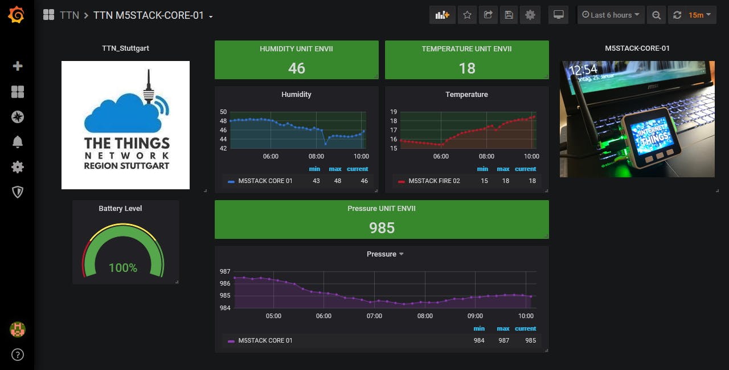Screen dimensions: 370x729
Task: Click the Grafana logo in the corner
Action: click(17, 15)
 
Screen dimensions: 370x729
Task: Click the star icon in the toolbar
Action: click(467, 15)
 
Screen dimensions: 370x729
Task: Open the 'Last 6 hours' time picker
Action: click(611, 15)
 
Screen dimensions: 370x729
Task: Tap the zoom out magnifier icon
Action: click(657, 15)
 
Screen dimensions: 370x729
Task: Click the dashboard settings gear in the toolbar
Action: click(530, 15)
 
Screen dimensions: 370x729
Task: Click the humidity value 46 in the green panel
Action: click(296, 68)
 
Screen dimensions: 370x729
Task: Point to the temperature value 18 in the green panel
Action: click(467, 68)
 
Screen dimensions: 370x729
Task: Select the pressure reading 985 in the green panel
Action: click(382, 228)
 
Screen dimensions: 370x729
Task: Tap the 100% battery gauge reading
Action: click(123, 267)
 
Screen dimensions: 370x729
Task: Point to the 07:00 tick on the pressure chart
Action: click(374, 316)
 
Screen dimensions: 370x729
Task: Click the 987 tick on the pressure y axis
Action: click(225, 272)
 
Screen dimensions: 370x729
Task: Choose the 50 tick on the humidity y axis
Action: click(223, 112)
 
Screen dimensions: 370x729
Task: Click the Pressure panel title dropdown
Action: click(385, 254)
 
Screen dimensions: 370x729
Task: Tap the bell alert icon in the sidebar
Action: click(18, 142)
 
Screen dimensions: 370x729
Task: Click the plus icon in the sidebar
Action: click(18, 66)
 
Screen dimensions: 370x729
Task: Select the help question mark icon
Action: click(18, 355)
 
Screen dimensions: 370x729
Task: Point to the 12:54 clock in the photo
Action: click(583, 70)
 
